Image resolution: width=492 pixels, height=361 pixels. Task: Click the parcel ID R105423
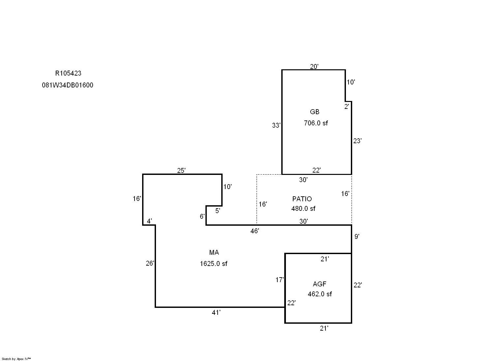point(68,73)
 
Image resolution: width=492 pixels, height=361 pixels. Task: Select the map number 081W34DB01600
point(67,85)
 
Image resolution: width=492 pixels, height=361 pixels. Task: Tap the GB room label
point(315,112)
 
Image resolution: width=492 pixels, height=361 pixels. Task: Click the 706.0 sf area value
point(316,123)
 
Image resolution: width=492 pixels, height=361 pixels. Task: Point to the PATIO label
point(302,199)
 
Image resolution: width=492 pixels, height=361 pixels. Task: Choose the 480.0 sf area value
point(303,209)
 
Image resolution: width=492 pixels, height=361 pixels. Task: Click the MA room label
point(214,252)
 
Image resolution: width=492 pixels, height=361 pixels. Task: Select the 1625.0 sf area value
point(213,264)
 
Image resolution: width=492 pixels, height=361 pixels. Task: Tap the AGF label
point(320,284)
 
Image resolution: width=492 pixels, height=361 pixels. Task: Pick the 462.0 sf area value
point(320,294)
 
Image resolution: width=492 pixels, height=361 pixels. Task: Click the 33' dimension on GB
point(276,125)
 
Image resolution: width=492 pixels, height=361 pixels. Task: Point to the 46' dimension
point(255,231)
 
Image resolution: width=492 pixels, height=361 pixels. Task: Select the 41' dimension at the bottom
point(216,312)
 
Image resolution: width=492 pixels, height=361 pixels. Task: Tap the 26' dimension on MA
point(150,263)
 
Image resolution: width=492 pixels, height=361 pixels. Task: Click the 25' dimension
point(181,170)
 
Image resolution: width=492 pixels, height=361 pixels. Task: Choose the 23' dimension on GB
point(357,141)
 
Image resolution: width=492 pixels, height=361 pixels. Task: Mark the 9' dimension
point(357,236)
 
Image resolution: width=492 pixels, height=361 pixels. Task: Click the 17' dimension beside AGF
point(280,280)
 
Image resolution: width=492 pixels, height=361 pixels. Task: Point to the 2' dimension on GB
point(347,107)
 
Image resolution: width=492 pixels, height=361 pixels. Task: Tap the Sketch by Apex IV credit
point(16,359)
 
